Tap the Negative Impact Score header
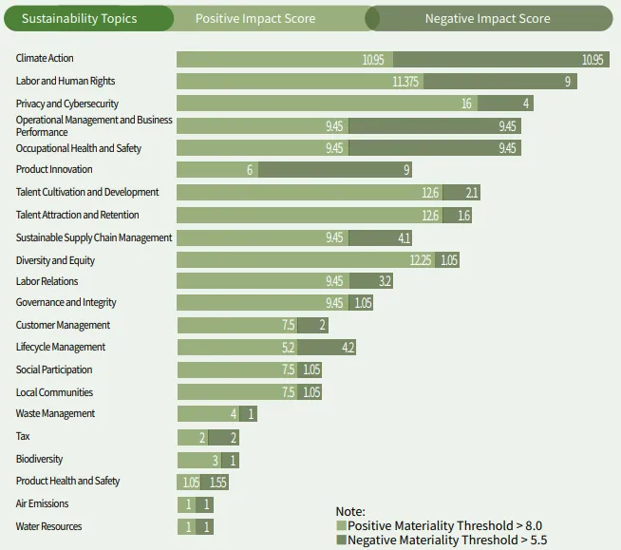click(487, 18)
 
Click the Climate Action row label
click(45, 59)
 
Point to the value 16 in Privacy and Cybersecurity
click(467, 104)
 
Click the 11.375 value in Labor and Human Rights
click(405, 82)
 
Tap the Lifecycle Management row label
click(61, 347)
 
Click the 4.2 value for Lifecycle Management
click(348, 348)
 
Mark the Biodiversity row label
click(40, 459)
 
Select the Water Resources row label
click(48, 526)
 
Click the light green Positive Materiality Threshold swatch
click(342, 525)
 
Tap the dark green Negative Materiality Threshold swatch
click(342, 540)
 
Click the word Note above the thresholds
click(350, 511)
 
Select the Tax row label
click(23, 436)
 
